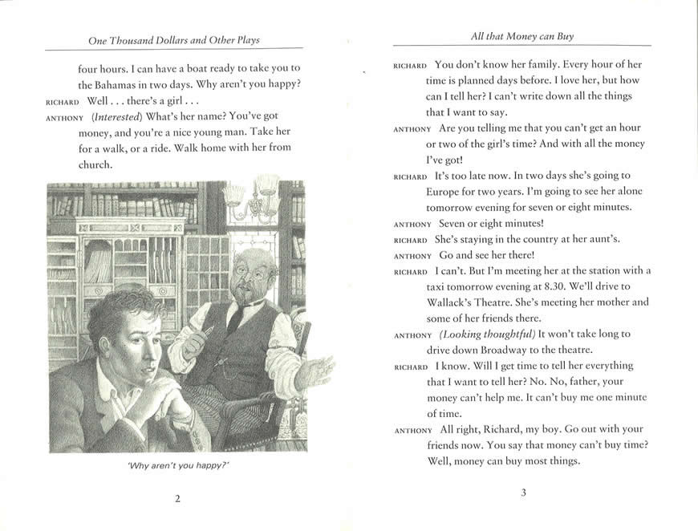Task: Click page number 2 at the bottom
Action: (x=177, y=498)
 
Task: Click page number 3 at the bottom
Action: (x=522, y=492)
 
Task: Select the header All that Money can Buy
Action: (x=522, y=36)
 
